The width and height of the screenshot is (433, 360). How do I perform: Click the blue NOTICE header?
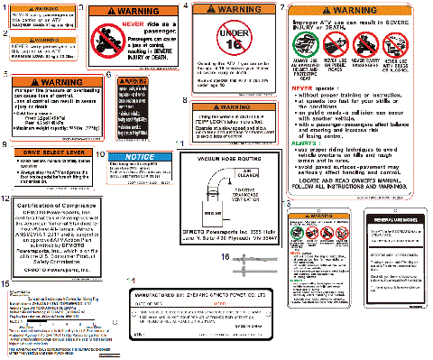[x=141, y=157]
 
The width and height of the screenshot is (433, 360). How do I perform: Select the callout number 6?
[x=110, y=78]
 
